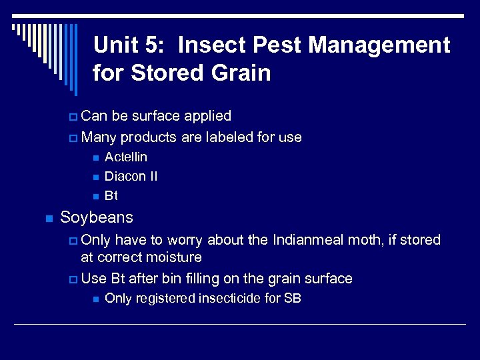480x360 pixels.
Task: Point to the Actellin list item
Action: pos(126,157)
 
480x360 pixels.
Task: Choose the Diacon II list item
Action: pos(131,177)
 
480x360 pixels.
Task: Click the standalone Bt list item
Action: pos(111,196)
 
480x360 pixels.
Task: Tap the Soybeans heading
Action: pos(97,217)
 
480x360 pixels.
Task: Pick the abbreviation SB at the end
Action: pos(293,298)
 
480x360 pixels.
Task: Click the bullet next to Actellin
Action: pos(95,158)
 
